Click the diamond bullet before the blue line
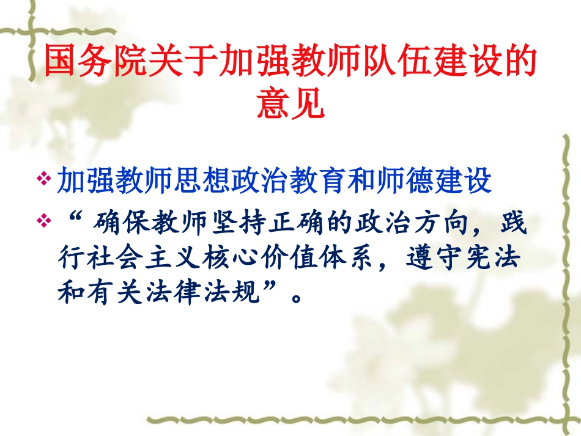[x=43, y=179]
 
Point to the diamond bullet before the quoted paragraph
[x=43, y=218]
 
